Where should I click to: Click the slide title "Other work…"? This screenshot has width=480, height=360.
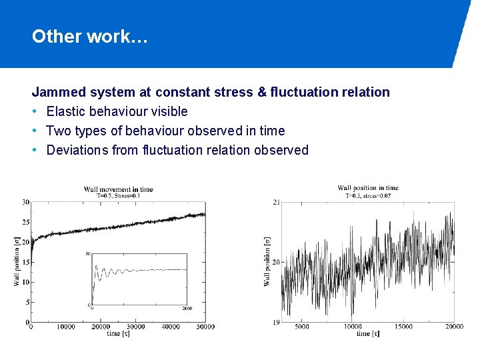tap(89, 37)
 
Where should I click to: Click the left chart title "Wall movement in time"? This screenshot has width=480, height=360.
tap(118, 189)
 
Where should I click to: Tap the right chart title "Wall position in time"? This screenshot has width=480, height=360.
tap(368, 188)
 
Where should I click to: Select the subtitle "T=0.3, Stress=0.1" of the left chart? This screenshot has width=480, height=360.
tap(118, 196)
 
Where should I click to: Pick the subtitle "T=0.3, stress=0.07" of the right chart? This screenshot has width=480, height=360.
tap(368, 195)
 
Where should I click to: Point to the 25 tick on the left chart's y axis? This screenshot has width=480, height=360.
tap(25, 222)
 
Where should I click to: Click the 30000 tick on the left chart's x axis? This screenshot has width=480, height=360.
tap(135, 327)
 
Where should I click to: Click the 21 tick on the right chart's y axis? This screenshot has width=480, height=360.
tap(276, 202)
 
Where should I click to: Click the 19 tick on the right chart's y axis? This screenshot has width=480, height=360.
tap(276, 322)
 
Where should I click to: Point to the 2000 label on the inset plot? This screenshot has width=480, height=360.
tap(187, 308)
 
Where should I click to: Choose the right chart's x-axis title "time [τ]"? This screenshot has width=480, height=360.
tap(367, 333)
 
